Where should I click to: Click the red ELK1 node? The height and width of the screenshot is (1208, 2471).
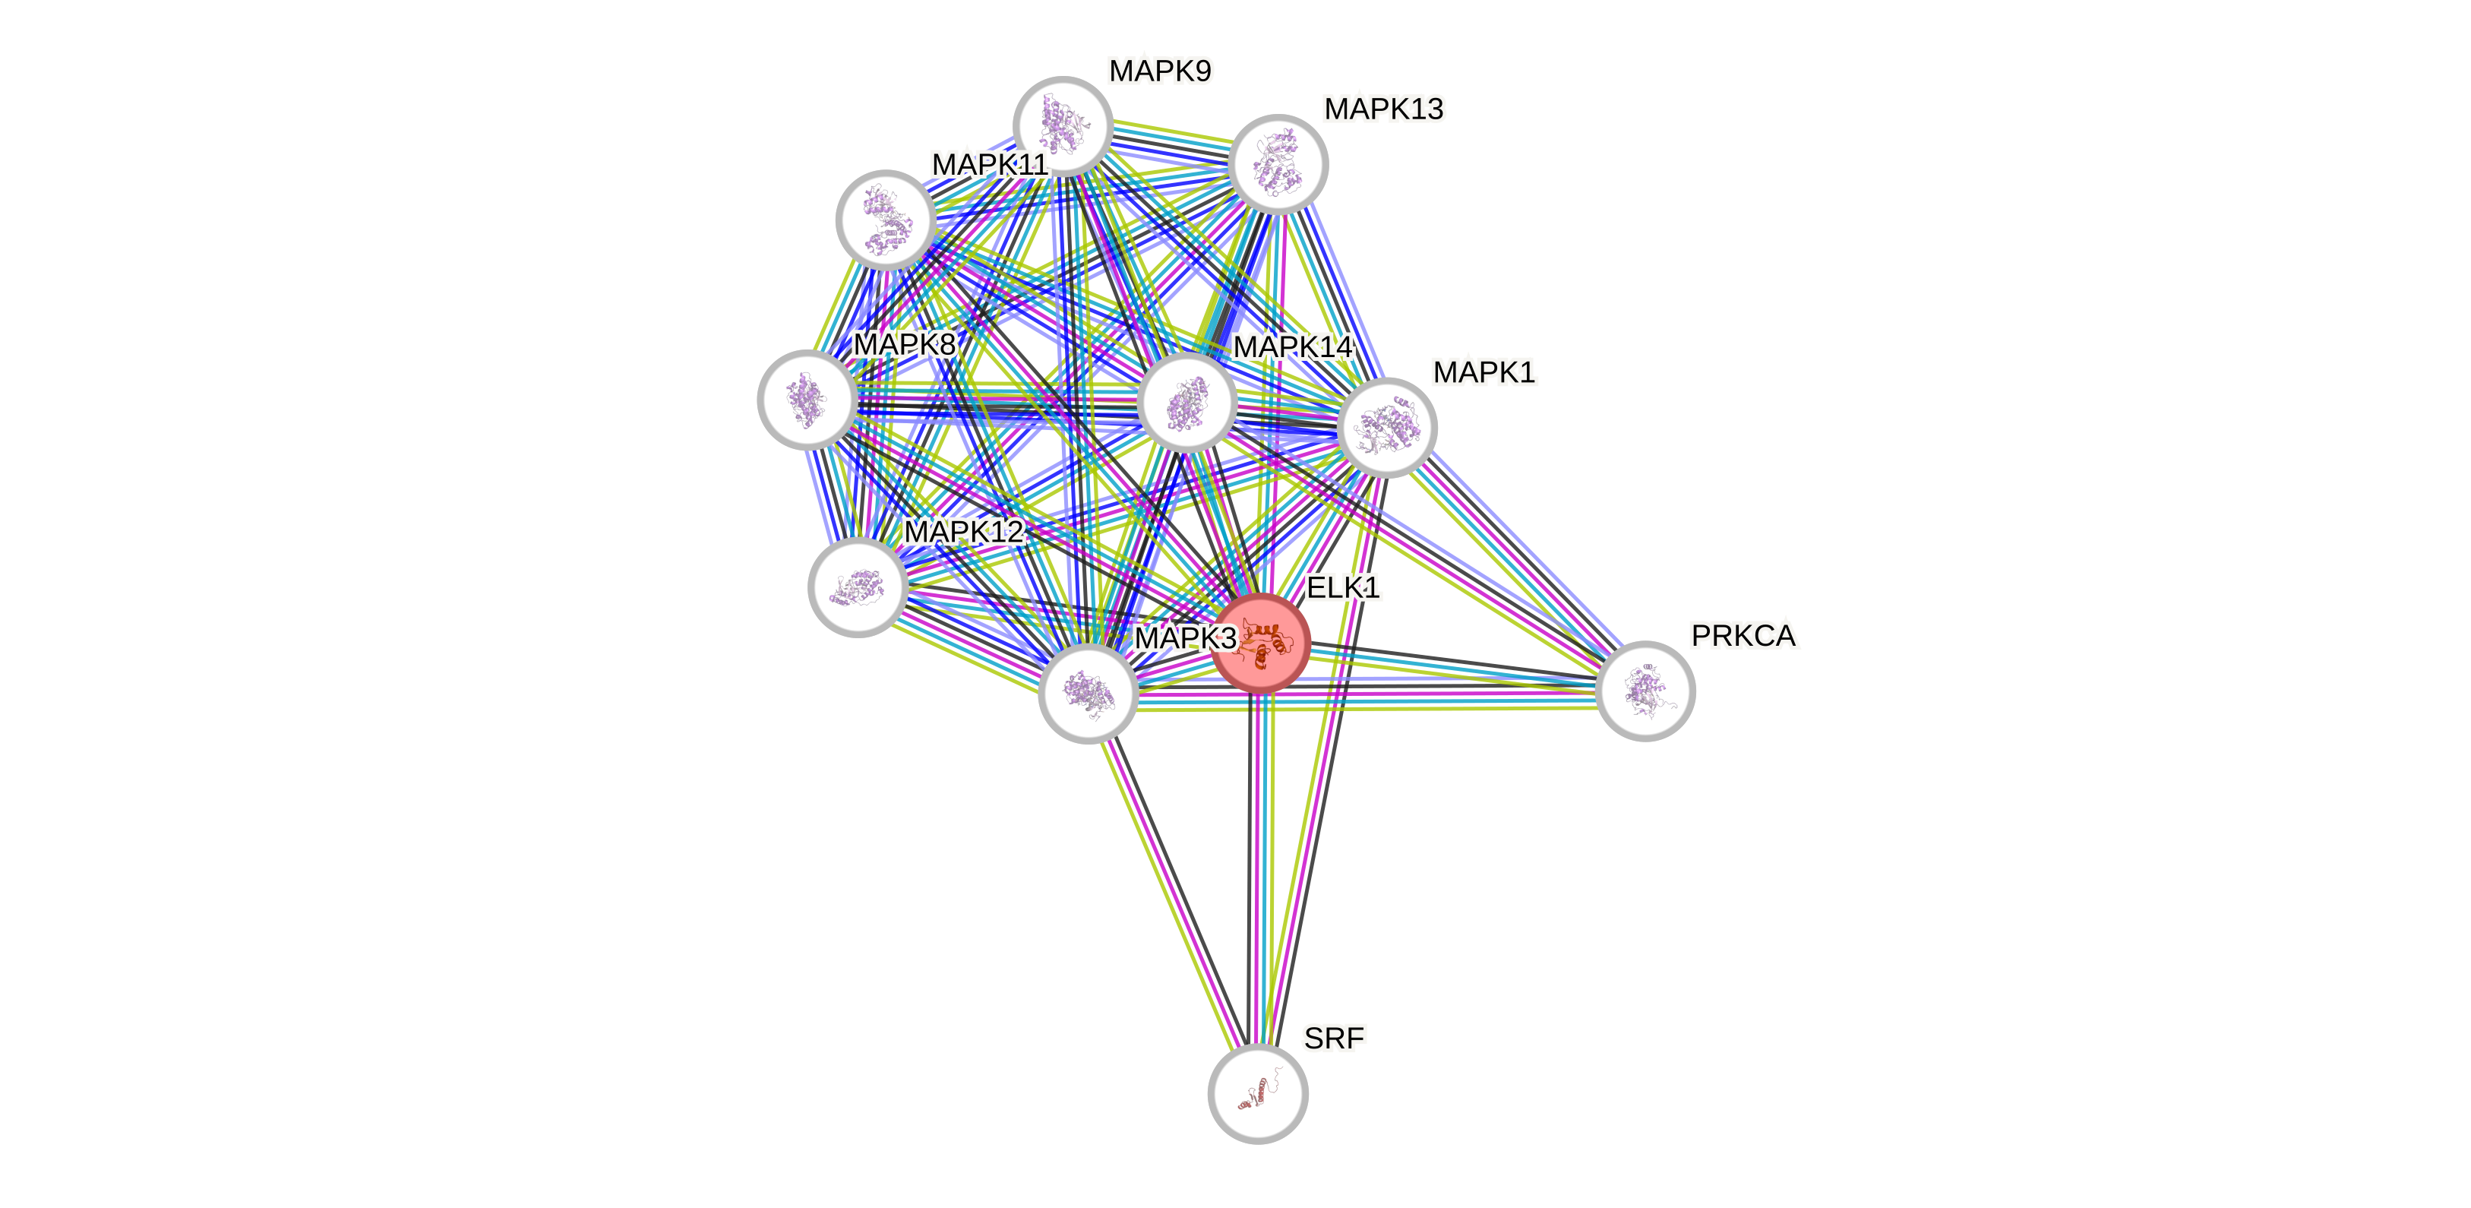pyautogui.click(x=1260, y=642)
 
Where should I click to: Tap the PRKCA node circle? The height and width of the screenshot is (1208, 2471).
pyautogui.click(x=1645, y=691)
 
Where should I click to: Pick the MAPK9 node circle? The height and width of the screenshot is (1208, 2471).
pyautogui.click(x=1063, y=125)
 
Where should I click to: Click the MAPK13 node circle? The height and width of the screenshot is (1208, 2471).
pyautogui.click(x=1278, y=164)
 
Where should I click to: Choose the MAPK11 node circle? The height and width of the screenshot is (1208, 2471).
pyautogui.click(x=886, y=220)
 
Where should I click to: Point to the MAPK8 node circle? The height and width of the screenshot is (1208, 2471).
pyautogui.click(x=807, y=399)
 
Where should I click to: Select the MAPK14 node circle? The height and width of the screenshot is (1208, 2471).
pyautogui.click(x=1187, y=402)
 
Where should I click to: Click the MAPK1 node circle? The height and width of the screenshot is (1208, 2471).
pyautogui.click(x=1386, y=427)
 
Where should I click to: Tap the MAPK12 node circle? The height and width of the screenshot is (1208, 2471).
pyautogui.click(x=858, y=587)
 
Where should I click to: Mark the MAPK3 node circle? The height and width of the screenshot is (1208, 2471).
pyautogui.click(x=1088, y=693)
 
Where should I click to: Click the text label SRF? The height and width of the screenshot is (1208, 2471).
pyautogui.click(x=1333, y=1037)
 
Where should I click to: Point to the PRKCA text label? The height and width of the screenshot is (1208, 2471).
pyautogui.click(x=1743, y=635)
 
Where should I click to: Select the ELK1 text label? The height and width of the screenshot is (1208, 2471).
pyautogui.click(x=1343, y=587)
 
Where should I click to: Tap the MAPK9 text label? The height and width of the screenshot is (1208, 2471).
pyautogui.click(x=1160, y=71)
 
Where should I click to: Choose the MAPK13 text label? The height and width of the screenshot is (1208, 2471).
pyautogui.click(x=1383, y=109)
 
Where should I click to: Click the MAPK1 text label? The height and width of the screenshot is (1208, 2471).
pyautogui.click(x=1484, y=372)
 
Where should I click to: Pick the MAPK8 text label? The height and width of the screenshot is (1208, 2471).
pyautogui.click(x=904, y=344)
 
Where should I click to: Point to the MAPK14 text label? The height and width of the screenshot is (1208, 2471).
pyautogui.click(x=1292, y=346)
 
